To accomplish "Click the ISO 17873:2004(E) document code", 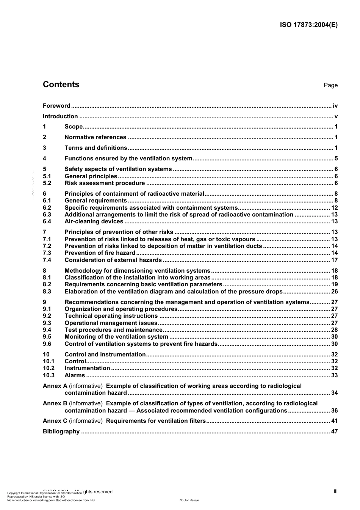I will tap(308, 25).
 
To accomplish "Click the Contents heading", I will tap(61, 85).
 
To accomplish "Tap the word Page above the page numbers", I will tap(330, 85).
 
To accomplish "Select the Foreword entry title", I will tap(56, 106).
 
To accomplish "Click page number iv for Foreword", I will tap(335, 106).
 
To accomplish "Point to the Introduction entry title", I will tap(60, 116).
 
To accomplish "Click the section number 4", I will tap(45, 158).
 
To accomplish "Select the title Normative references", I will tap(95, 137).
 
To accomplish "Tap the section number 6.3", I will tap(47, 215).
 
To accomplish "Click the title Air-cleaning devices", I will tap(94, 221).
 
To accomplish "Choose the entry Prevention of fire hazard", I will tap(100, 253).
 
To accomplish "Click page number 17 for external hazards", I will tap(334, 260).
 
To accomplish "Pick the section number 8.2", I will tap(47, 284).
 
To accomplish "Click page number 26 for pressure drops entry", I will tap(334, 292).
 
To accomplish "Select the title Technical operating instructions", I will tap(111, 316).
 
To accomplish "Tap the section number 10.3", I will tap(49, 375).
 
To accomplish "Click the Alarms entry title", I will tap(75, 375).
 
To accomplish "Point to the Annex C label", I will tap(55, 421).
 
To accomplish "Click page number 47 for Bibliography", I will tap(334, 432).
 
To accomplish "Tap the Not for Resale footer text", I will tap(189, 500).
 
